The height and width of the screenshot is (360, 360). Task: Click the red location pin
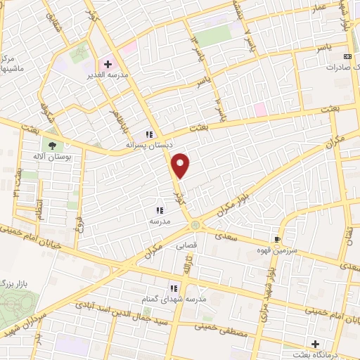click(x=181, y=165)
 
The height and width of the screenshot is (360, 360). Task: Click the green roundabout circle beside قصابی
click(x=195, y=225)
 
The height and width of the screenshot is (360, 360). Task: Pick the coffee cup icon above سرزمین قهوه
click(x=285, y=239)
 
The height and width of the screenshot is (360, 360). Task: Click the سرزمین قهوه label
click(x=286, y=250)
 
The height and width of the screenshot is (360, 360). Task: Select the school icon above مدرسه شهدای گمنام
click(x=172, y=288)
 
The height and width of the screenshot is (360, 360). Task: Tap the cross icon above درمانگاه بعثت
click(x=316, y=344)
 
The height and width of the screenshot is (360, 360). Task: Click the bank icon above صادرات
click(x=347, y=56)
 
